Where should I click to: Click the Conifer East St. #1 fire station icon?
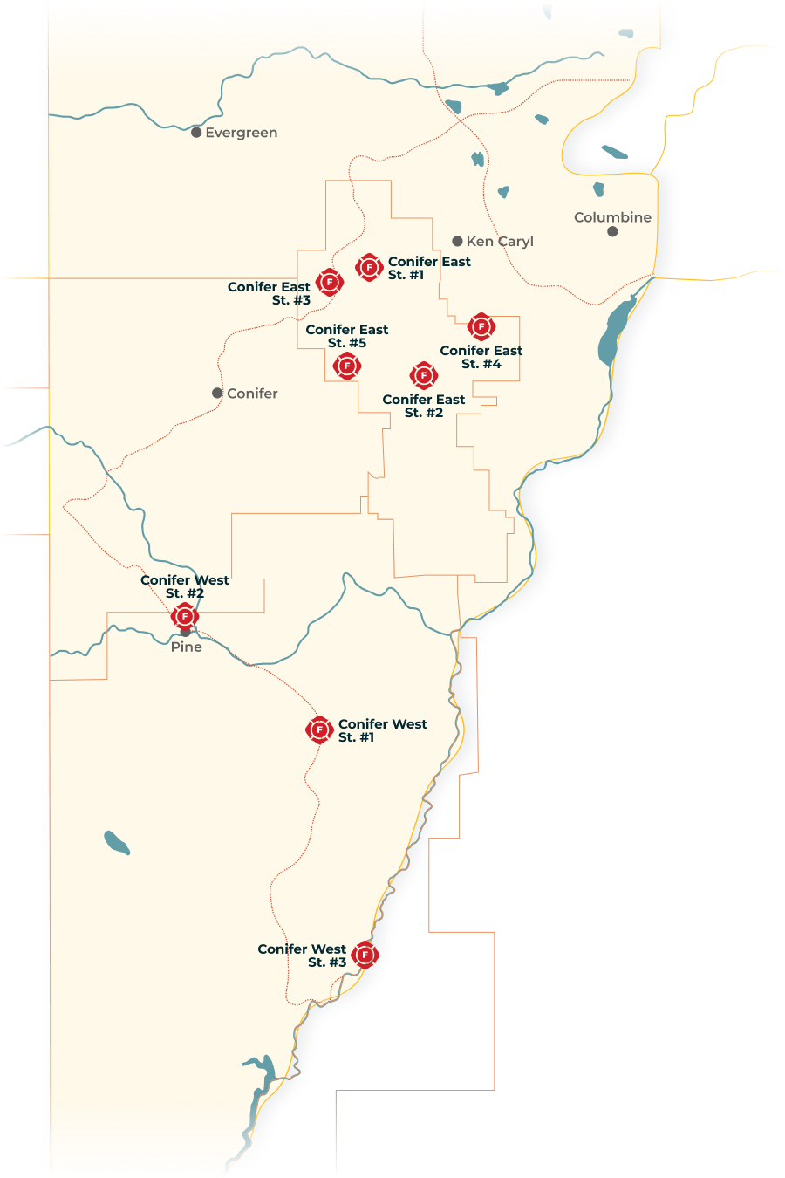(369, 267)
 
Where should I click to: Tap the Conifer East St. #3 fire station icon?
(329, 282)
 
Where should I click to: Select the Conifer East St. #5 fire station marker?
(347, 366)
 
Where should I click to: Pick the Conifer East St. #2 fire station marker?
(424, 375)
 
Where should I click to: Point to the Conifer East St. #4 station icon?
(481, 326)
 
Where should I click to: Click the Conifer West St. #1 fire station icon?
(319, 729)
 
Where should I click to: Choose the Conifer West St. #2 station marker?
(185, 617)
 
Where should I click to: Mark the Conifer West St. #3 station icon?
(365, 955)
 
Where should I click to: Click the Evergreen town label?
(242, 133)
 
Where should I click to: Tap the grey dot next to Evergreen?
(197, 133)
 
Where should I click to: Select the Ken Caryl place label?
(500, 242)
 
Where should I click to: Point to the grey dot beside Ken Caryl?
(457, 241)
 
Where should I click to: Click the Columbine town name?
(612, 217)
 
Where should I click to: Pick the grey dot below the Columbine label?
(612, 231)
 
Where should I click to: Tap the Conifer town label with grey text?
(252, 394)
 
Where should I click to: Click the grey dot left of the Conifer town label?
(217, 394)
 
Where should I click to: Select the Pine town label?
(187, 647)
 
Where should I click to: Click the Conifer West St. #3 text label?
(303, 955)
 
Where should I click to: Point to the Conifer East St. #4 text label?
(481, 357)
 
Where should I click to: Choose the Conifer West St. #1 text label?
(382, 730)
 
